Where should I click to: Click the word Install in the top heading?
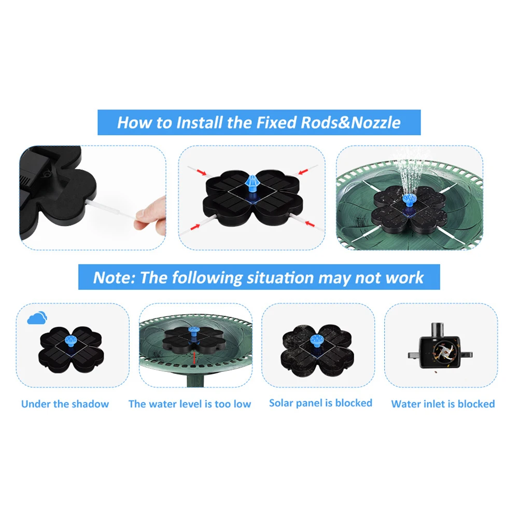(199, 123)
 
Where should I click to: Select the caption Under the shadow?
(65, 404)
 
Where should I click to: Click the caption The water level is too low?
(190, 404)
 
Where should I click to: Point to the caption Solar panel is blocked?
(320, 403)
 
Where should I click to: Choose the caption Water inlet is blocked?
(443, 404)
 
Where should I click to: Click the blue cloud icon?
(37, 317)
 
